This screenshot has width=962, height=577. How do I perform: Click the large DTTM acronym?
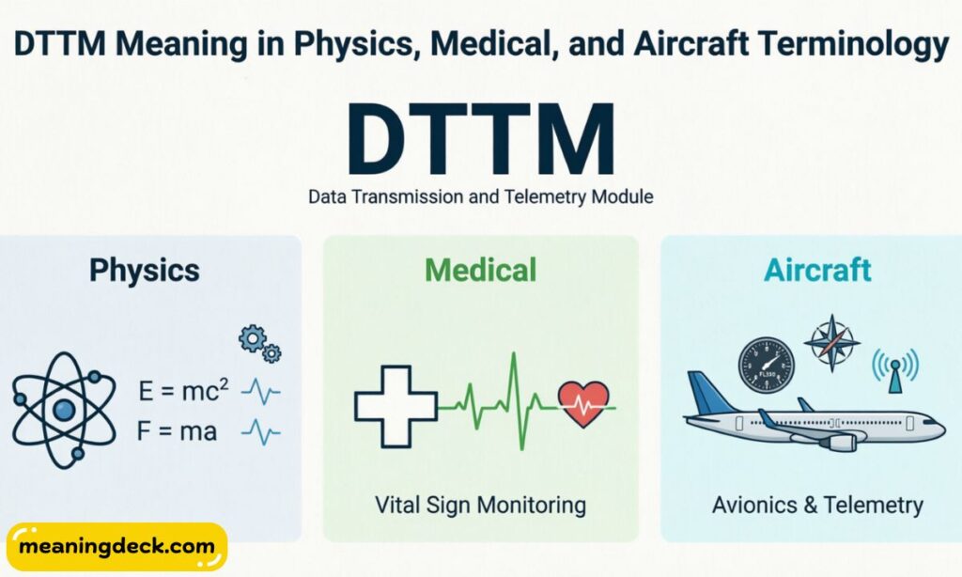click(x=480, y=140)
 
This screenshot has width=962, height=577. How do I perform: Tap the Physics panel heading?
click(x=145, y=271)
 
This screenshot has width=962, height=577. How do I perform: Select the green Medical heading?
click(x=480, y=271)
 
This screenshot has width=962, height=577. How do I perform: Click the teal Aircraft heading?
click(x=817, y=271)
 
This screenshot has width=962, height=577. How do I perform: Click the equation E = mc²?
click(x=182, y=390)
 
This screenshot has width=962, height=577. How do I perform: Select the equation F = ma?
click(x=177, y=433)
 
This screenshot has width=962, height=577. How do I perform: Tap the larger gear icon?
click(x=252, y=339)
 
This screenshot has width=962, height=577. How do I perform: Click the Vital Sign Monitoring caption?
click(x=480, y=505)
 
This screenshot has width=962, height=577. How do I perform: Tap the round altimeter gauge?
click(x=766, y=366)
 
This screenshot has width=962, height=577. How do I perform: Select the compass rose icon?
click(x=831, y=343)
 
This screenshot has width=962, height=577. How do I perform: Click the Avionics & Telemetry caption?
click(x=817, y=505)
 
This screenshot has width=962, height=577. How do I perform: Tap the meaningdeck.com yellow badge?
click(x=116, y=546)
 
